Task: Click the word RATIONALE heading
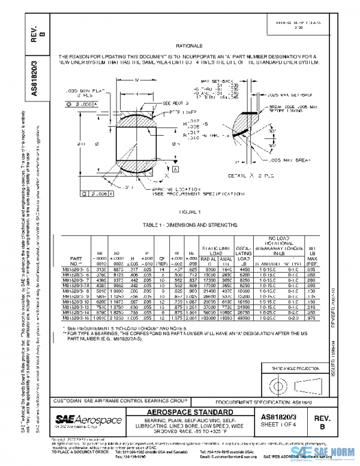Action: [189, 46]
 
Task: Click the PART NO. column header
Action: [76, 260]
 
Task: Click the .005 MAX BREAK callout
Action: [286, 160]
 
